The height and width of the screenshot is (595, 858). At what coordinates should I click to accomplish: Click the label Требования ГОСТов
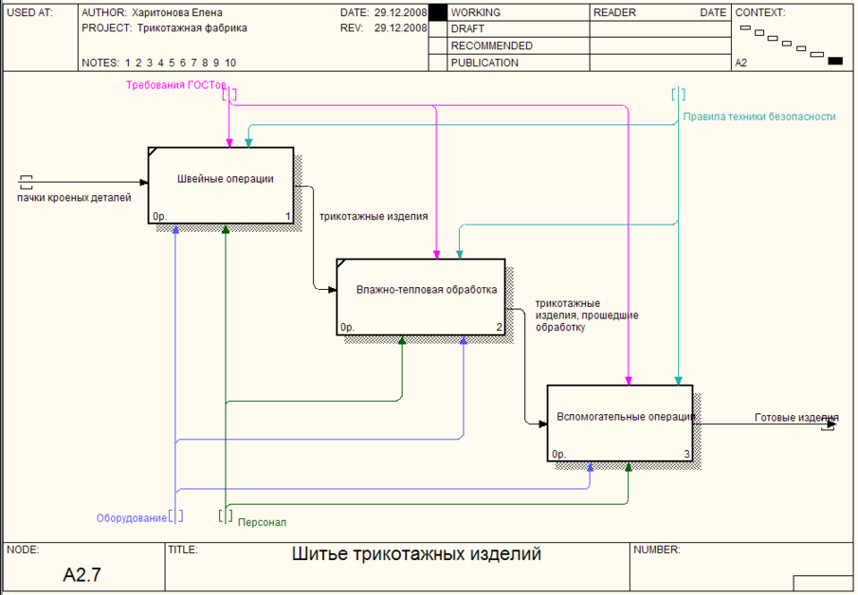coord(176,85)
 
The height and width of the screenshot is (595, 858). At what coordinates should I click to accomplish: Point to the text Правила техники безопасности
coord(759,117)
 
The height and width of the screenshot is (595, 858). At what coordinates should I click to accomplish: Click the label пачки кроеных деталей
coord(74,197)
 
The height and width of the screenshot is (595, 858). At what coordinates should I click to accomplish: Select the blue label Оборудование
coord(131,518)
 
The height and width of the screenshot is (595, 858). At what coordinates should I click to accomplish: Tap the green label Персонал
coord(262,522)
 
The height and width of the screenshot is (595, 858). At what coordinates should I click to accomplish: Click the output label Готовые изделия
coord(796,417)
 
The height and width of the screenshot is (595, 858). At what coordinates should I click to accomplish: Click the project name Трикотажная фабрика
coord(192,28)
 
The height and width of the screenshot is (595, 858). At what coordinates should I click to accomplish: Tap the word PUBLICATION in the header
coord(484,63)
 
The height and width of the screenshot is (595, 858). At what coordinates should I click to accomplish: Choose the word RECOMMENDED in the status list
coord(491,45)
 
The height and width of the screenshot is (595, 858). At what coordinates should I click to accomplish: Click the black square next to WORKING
coord(437,12)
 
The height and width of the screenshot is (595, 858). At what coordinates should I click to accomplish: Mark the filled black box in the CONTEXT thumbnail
coord(835,61)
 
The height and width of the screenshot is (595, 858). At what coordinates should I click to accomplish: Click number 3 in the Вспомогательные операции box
coord(687,455)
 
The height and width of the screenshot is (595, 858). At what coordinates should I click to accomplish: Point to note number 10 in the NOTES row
coord(230,63)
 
